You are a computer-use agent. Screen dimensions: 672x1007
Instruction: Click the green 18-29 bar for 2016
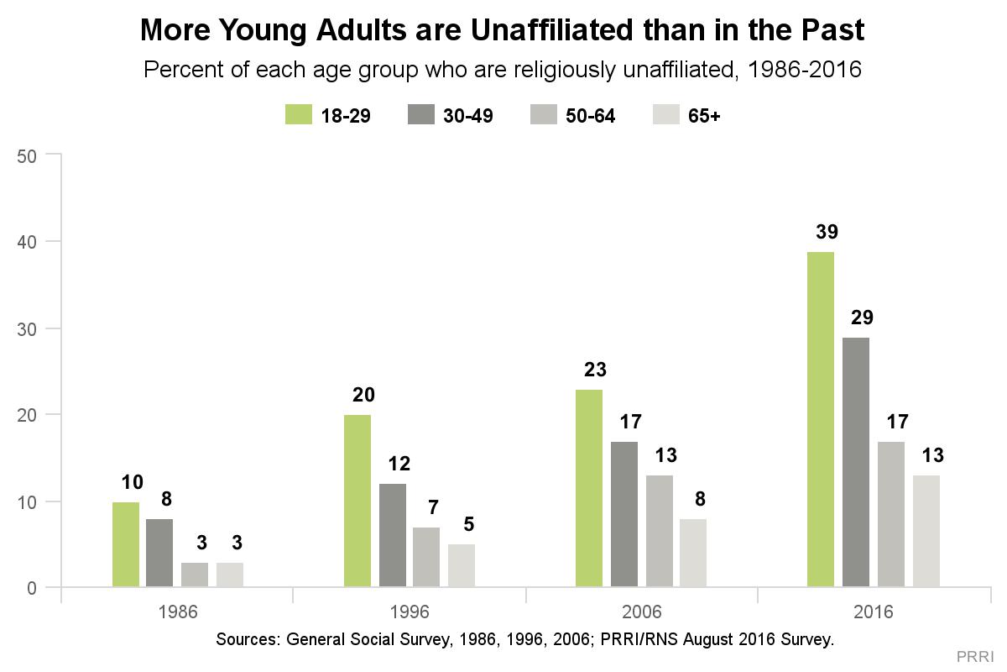(x=821, y=419)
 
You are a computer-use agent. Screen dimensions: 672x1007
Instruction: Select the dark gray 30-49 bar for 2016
(x=856, y=462)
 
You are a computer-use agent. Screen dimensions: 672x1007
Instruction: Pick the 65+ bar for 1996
(x=462, y=565)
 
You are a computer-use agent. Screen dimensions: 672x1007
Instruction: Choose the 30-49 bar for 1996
(x=392, y=535)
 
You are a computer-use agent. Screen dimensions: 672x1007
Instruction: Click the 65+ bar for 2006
(x=693, y=553)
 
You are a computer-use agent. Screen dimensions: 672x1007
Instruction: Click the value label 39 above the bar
(x=821, y=232)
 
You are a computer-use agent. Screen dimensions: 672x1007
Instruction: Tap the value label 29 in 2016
(x=856, y=318)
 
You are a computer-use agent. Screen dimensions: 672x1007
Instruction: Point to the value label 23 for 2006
(x=589, y=370)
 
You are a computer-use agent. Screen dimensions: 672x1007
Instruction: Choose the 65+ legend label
(x=704, y=116)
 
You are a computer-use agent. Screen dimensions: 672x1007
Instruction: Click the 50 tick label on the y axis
(x=29, y=155)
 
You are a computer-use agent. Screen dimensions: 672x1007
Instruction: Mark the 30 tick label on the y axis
(x=29, y=328)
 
